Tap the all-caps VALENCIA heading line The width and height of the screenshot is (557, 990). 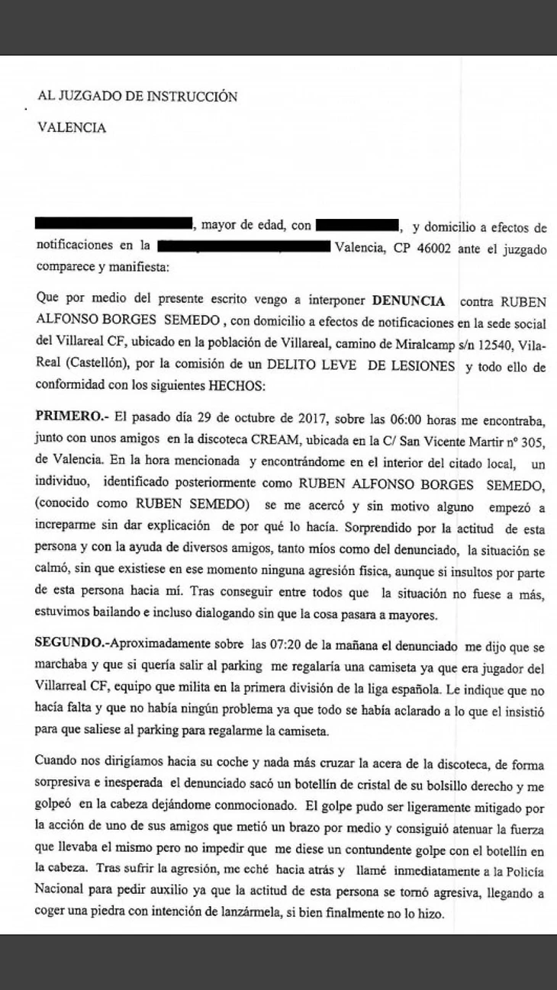click(x=72, y=128)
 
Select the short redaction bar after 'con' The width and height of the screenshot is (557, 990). click(x=356, y=225)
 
